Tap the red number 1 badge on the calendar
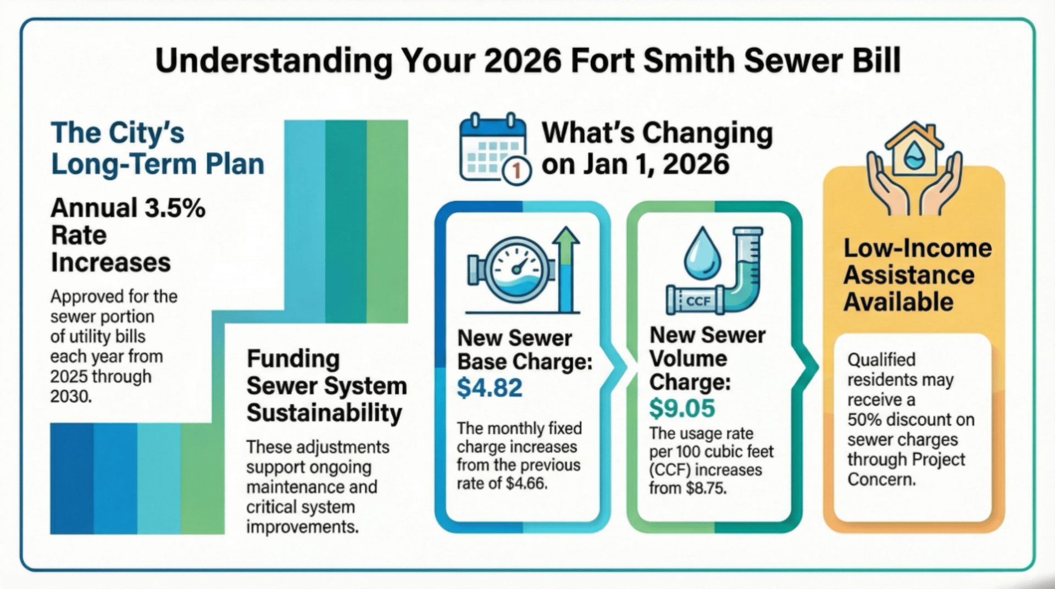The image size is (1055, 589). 516,171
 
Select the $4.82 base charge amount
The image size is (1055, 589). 490,388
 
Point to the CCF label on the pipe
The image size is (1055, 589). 698,301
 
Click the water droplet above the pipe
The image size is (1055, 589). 702,253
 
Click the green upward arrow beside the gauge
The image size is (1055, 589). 566,269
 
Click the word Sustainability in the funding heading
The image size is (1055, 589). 324,413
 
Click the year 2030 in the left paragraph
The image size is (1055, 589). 70,396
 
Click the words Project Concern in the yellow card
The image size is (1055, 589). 906,469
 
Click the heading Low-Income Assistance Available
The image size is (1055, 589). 918,275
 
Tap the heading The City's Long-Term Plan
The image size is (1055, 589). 158,149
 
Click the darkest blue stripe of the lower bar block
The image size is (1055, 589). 72,479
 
